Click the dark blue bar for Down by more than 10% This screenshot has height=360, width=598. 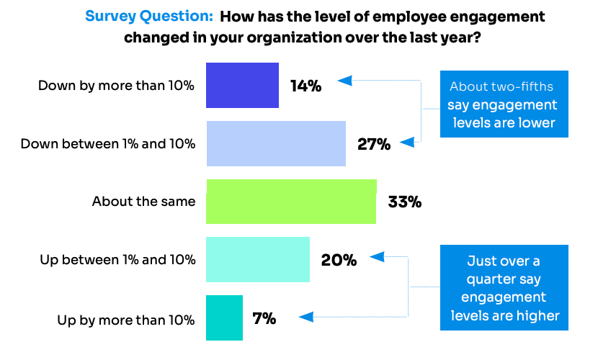242,85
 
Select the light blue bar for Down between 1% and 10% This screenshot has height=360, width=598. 276,143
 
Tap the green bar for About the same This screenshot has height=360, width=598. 291,202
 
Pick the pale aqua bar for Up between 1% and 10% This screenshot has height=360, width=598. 258,259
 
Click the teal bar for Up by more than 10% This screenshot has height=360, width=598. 224,318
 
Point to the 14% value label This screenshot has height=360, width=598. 305,86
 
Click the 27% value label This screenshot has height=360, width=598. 374,144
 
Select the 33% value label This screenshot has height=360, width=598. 404,202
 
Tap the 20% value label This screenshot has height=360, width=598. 339,260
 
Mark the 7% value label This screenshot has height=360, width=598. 264,318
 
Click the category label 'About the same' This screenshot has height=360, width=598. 143,202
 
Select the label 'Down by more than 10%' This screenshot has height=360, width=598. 116,86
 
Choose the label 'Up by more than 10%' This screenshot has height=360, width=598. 126,320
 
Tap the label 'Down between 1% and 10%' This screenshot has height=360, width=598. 107,143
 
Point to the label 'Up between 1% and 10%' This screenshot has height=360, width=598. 117,260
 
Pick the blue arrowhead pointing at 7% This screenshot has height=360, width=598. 305,316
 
